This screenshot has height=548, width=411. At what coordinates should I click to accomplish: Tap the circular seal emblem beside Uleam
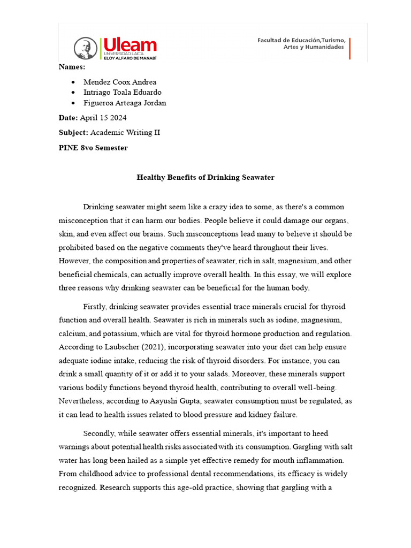(x=86, y=49)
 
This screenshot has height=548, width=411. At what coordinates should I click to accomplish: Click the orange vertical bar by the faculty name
(x=350, y=48)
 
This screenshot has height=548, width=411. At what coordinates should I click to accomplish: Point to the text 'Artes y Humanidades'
(x=313, y=48)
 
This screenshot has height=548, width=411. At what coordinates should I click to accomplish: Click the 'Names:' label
(x=72, y=67)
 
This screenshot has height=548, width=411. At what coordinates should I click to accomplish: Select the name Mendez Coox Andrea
(x=120, y=82)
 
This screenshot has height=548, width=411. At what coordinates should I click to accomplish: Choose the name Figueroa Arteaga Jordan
(x=125, y=103)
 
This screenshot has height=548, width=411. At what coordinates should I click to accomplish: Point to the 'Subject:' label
(x=73, y=133)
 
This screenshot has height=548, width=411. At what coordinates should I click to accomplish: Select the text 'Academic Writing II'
(x=125, y=133)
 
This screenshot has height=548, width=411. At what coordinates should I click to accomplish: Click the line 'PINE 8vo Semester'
(x=93, y=148)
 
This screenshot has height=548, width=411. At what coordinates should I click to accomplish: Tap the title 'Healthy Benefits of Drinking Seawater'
(x=205, y=177)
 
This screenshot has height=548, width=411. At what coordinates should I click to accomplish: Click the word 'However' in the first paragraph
(x=73, y=261)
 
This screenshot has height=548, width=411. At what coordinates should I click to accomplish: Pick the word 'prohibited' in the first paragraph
(x=75, y=247)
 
